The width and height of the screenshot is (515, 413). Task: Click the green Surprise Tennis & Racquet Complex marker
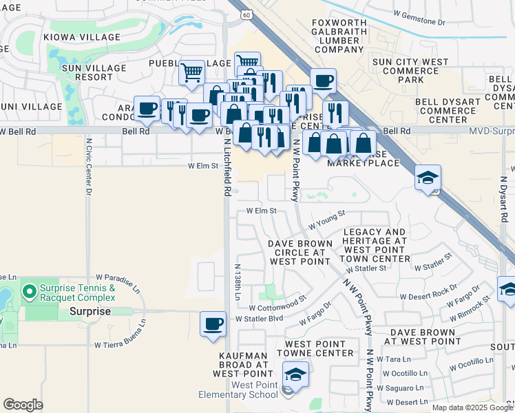pos(29,292)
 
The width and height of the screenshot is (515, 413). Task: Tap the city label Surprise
pos(90,311)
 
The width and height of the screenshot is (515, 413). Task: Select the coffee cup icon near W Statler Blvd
pos(213,324)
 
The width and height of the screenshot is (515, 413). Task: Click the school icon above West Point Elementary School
pos(295,374)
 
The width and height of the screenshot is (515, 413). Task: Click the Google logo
pos(23,405)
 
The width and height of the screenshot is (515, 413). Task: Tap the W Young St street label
pos(326,220)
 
